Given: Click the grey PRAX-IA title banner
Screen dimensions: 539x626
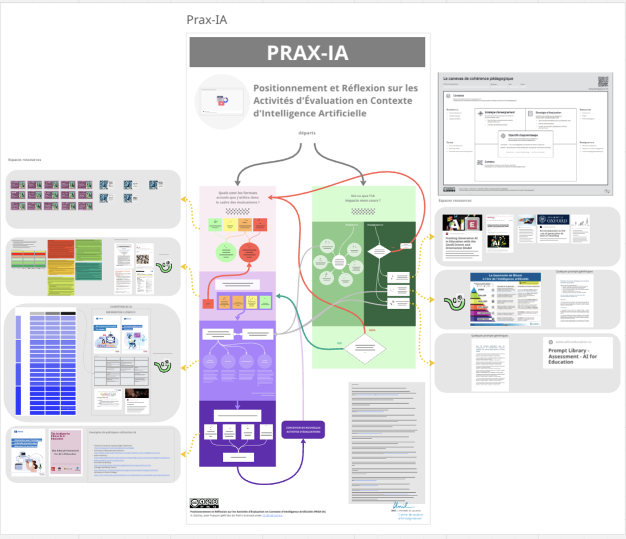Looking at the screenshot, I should click(307, 53).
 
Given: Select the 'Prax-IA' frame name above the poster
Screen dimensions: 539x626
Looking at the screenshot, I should click(206, 20).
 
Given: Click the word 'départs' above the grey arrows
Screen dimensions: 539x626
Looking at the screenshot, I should click(307, 133).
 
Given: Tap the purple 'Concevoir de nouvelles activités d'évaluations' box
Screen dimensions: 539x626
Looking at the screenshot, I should click(303, 430).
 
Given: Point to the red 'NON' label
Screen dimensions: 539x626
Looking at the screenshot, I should click(372, 330).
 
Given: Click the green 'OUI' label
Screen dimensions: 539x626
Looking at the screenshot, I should click(340, 343).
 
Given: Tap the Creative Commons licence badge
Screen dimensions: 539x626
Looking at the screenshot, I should click(204, 503).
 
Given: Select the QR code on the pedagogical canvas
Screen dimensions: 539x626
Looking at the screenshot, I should click(603, 81).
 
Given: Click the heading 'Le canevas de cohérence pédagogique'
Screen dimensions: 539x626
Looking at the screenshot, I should click(478, 79).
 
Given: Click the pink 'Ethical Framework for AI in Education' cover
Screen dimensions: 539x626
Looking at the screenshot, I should click(65, 452).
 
